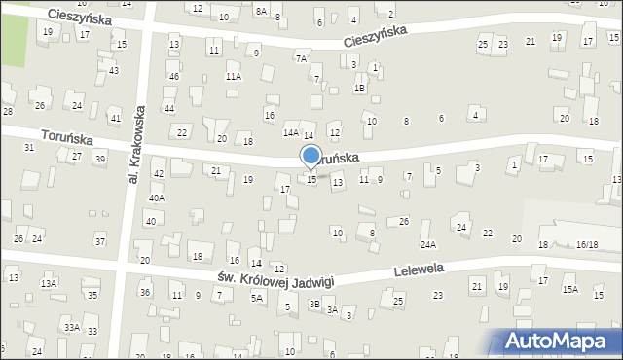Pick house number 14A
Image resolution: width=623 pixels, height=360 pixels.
tap(291, 132)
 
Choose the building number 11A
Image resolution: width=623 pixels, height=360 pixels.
tap(234, 76)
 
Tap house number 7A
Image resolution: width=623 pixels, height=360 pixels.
tap(302, 58)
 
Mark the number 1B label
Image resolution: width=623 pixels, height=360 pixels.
tap(359, 89)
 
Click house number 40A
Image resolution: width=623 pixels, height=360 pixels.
tap(156, 198)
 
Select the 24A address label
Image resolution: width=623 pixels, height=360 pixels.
tap(428, 245)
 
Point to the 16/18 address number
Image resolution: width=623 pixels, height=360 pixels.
tap(587, 245)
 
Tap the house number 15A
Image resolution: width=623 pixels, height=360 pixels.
tap(570, 289)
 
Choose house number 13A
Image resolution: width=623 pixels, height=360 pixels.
tap(49, 283)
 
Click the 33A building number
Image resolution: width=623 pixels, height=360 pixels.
tap(72, 328)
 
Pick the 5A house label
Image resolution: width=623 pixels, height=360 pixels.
tap(257, 299)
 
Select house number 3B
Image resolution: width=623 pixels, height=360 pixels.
tap(314, 304)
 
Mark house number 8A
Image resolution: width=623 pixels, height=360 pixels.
tap(261, 10)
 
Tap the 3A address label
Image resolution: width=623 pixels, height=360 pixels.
tap(332, 310)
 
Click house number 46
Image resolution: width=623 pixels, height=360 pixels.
tap(173, 76)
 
